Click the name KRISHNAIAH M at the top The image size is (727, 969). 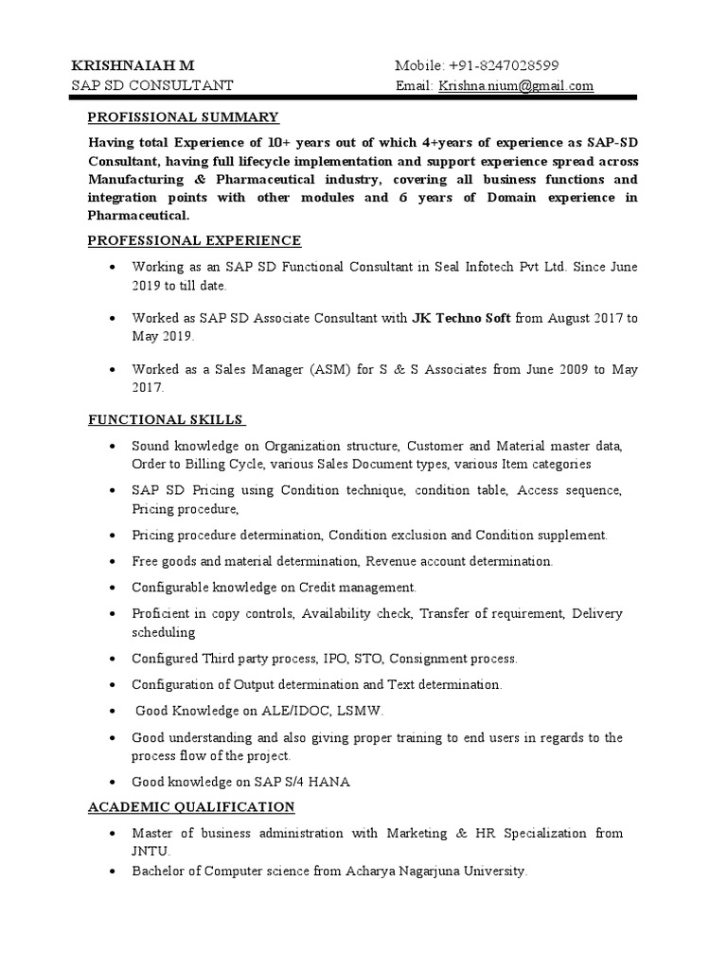pyautogui.click(x=133, y=65)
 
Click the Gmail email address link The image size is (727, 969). pyautogui.click(x=515, y=86)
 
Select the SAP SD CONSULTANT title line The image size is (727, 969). pyautogui.click(x=153, y=86)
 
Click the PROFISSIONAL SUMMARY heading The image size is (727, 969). pyautogui.click(x=183, y=117)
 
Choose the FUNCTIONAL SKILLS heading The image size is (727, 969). pyautogui.click(x=167, y=419)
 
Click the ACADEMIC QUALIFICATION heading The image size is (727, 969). pyautogui.click(x=191, y=806)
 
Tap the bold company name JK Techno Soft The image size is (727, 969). pyautogui.click(x=461, y=318)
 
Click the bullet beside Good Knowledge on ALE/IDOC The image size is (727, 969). pyautogui.click(x=114, y=711)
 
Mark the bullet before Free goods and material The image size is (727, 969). pyautogui.click(x=114, y=562)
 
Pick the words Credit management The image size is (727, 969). pyautogui.click(x=357, y=587)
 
